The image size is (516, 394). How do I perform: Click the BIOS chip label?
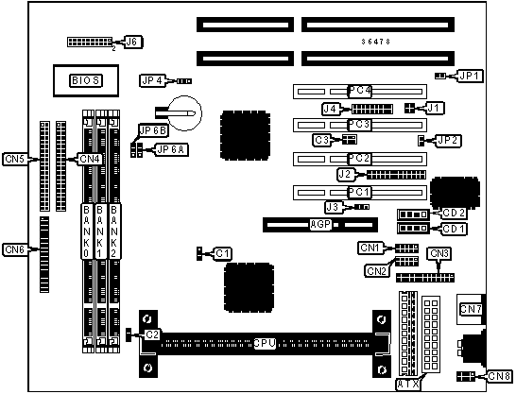click(86, 80)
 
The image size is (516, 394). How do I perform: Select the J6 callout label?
click(132, 42)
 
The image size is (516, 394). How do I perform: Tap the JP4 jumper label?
click(152, 80)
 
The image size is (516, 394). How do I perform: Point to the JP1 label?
click(470, 76)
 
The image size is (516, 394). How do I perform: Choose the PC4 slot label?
click(360, 91)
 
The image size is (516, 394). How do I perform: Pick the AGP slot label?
click(320, 225)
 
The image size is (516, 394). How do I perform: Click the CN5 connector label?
click(16, 159)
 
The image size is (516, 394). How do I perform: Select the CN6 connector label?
click(16, 249)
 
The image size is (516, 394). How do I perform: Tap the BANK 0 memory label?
click(86, 231)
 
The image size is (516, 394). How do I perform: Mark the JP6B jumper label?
click(153, 131)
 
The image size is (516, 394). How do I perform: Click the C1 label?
click(223, 253)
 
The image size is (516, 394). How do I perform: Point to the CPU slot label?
click(265, 343)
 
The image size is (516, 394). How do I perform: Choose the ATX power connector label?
click(408, 384)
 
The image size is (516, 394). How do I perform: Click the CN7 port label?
click(471, 309)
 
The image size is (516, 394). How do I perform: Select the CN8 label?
click(499, 376)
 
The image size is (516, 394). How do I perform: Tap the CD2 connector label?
click(454, 214)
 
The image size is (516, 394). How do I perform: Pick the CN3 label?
click(439, 253)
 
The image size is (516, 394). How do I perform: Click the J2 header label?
click(345, 174)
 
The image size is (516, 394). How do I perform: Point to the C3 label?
click(321, 140)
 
